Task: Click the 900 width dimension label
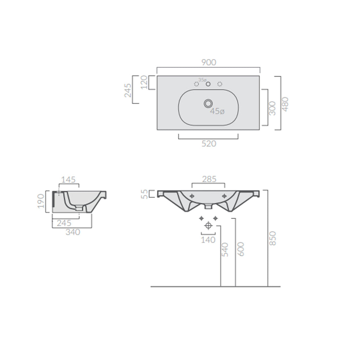(208, 62)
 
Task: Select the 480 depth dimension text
(285, 104)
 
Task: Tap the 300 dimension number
(272, 108)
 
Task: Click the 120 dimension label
(144, 83)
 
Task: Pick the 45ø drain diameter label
(217, 111)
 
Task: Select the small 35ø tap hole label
(202, 80)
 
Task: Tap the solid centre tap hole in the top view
(208, 84)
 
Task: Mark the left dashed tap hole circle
(197, 84)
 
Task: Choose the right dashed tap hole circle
(220, 84)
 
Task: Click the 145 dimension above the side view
(69, 180)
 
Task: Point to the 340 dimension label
(73, 232)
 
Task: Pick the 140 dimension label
(208, 240)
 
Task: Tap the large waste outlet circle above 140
(208, 225)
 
